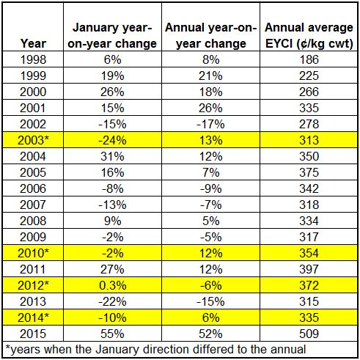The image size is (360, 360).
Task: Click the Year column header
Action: point(33,43)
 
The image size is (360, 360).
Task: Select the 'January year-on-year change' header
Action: point(112,35)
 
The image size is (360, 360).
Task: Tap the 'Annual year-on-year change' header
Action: point(210,35)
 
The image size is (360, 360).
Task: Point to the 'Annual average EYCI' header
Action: point(309,35)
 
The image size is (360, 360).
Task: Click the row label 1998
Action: point(33,59)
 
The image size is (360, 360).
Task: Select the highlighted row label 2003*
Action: point(33,140)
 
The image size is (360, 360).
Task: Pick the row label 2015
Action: point(33,334)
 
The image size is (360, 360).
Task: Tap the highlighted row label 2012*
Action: point(33,285)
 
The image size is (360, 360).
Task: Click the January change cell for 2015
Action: point(112,334)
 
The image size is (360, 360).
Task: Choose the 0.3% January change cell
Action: point(113,285)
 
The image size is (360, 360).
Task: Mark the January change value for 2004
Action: point(112,156)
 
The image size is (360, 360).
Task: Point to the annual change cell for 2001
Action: point(210,108)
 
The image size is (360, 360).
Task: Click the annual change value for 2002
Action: point(210,124)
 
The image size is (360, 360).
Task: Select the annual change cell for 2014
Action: point(210,317)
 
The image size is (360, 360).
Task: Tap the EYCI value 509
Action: point(309,334)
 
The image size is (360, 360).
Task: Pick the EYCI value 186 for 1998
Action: point(309,59)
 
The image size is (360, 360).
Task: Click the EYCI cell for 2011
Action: point(309,269)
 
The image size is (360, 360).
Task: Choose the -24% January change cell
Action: point(112,140)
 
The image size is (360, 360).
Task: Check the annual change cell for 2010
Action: point(210,253)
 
